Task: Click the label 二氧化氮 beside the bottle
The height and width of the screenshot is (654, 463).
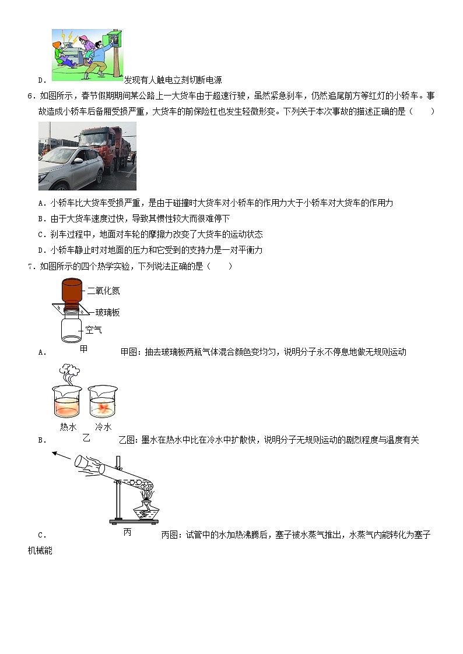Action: pos(103,291)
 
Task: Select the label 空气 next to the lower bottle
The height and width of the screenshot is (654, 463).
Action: pos(93,330)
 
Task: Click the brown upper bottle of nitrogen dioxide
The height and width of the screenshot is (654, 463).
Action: pos(72,291)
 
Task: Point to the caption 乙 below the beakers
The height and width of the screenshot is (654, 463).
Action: pos(86,437)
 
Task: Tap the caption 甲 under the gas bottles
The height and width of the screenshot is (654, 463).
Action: pos(84,349)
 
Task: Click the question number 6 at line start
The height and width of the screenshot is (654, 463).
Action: pos(30,96)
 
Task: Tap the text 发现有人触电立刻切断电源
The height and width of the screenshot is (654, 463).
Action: pos(173,80)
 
